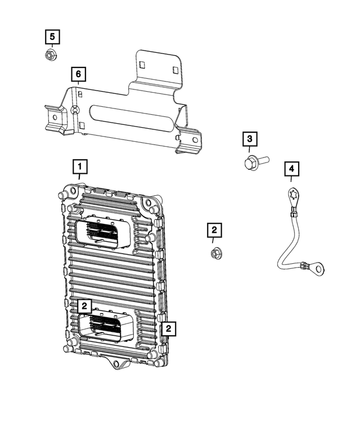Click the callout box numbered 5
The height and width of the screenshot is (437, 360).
pos(52,37)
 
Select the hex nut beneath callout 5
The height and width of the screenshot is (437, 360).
pos(49,55)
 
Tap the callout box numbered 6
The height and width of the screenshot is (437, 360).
pos(79,74)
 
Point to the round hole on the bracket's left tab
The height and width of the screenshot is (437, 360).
pos(55,119)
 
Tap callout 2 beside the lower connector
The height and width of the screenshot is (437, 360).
pos(84,306)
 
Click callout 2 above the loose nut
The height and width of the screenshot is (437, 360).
pos(214,229)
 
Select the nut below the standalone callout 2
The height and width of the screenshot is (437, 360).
pos(214,254)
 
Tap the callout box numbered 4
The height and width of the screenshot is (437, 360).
pos(291,168)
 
